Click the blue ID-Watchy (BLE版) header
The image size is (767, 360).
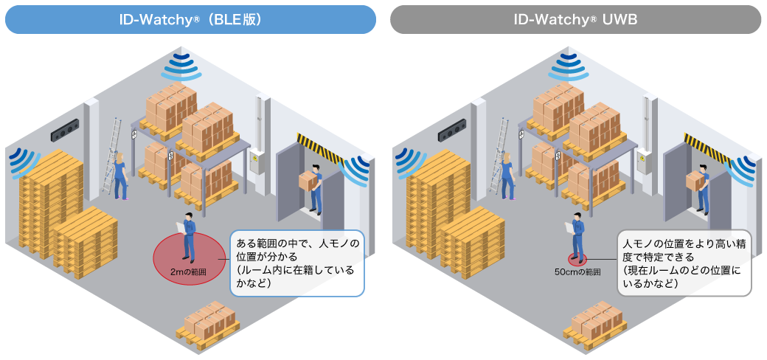[190, 19]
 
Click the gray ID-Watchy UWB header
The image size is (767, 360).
[575, 19]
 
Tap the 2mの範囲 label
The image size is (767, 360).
[188, 272]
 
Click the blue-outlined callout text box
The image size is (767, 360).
[297, 263]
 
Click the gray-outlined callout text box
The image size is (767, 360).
[684, 263]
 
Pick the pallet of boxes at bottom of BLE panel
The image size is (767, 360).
[206, 325]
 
